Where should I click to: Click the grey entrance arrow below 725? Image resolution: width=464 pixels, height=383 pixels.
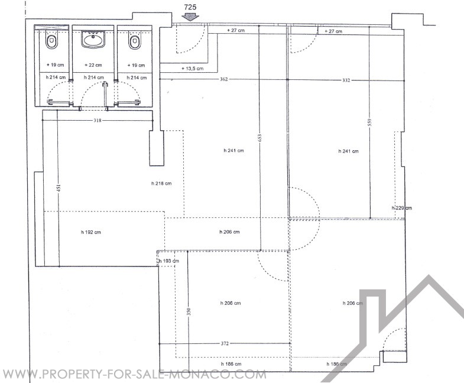190,17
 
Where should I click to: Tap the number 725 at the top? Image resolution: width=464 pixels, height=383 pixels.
190,7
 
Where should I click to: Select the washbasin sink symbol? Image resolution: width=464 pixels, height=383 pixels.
93,39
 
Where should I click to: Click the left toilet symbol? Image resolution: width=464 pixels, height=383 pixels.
51,42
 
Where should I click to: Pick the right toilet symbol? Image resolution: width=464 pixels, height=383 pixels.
134,42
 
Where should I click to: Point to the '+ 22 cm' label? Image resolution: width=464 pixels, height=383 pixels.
93,65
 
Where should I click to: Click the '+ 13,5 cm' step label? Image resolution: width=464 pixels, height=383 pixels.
192,69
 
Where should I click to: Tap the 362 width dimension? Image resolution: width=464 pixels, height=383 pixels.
223,79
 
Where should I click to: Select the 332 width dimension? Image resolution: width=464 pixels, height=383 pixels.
346,80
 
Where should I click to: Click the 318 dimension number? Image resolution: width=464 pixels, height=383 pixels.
98,120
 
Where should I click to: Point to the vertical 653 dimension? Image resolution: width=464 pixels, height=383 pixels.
260,137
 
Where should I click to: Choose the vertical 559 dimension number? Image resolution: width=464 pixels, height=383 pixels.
369,123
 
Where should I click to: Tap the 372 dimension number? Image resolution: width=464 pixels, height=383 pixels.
225,343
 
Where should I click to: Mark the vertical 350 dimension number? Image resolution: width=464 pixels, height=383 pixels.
189,311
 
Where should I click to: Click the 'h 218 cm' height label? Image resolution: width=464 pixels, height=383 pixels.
161,184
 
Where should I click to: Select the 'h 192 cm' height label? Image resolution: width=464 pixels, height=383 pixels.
91,232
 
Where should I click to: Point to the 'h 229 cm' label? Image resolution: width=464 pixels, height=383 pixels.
401,208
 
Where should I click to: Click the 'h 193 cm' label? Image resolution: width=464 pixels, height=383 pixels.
168,261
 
